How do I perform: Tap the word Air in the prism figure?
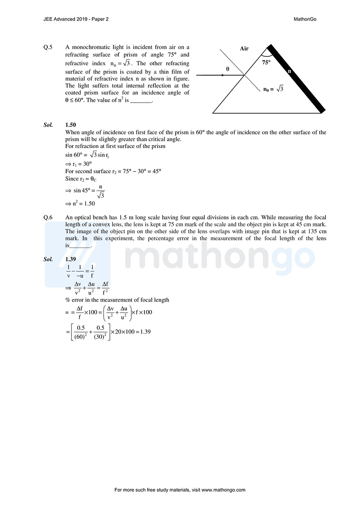tap(244, 49)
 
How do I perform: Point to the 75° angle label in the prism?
tap(266, 63)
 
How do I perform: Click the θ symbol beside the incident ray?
tap(228, 69)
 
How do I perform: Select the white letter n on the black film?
tap(289, 71)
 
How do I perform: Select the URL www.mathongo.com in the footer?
tap(224, 490)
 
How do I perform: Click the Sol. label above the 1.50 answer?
tap(48, 124)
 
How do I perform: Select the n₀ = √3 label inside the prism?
tap(274, 89)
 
